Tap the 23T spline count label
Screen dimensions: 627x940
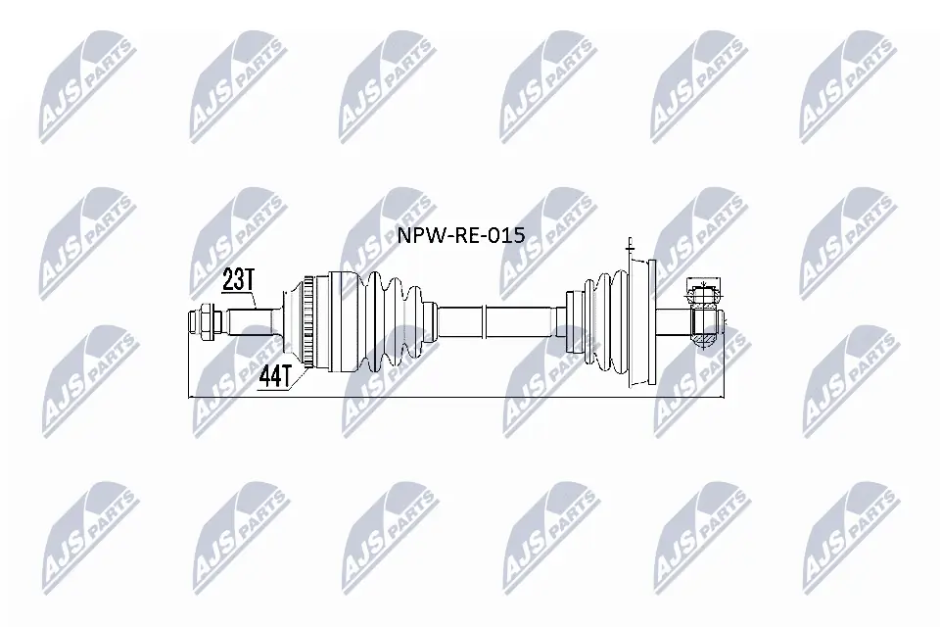pos(238,281)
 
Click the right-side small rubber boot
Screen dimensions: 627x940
pos(597,322)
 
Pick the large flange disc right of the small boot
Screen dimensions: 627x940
pos(641,322)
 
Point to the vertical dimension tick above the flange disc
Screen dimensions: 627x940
pos(633,245)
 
